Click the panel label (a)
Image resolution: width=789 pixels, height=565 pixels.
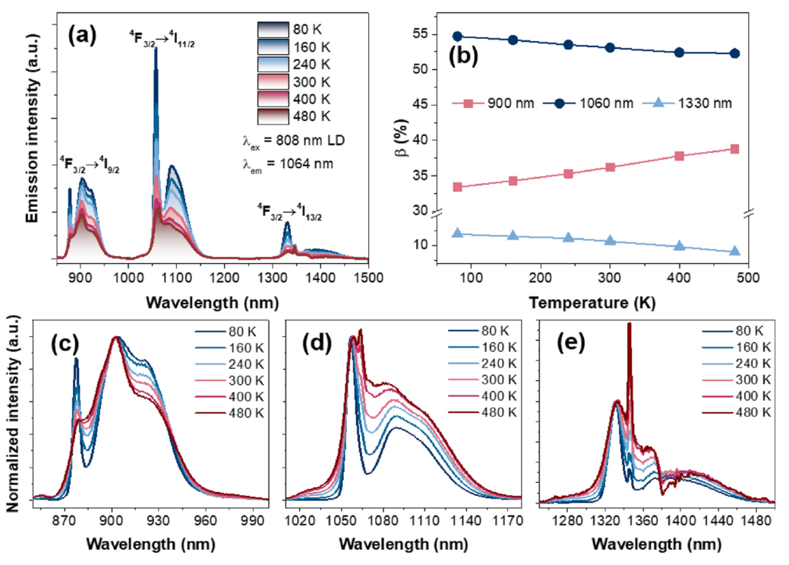(x=86, y=35)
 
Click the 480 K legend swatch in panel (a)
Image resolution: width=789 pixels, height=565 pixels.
(x=268, y=116)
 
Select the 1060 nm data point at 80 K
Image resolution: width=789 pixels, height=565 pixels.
(x=457, y=36)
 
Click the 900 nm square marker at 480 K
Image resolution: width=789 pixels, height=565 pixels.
(x=734, y=149)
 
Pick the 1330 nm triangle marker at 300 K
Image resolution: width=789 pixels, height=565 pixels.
(x=610, y=240)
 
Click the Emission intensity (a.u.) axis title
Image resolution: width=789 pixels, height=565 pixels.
(x=32, y=142)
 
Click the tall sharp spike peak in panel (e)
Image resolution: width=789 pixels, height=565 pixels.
(x=629, y=325)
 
